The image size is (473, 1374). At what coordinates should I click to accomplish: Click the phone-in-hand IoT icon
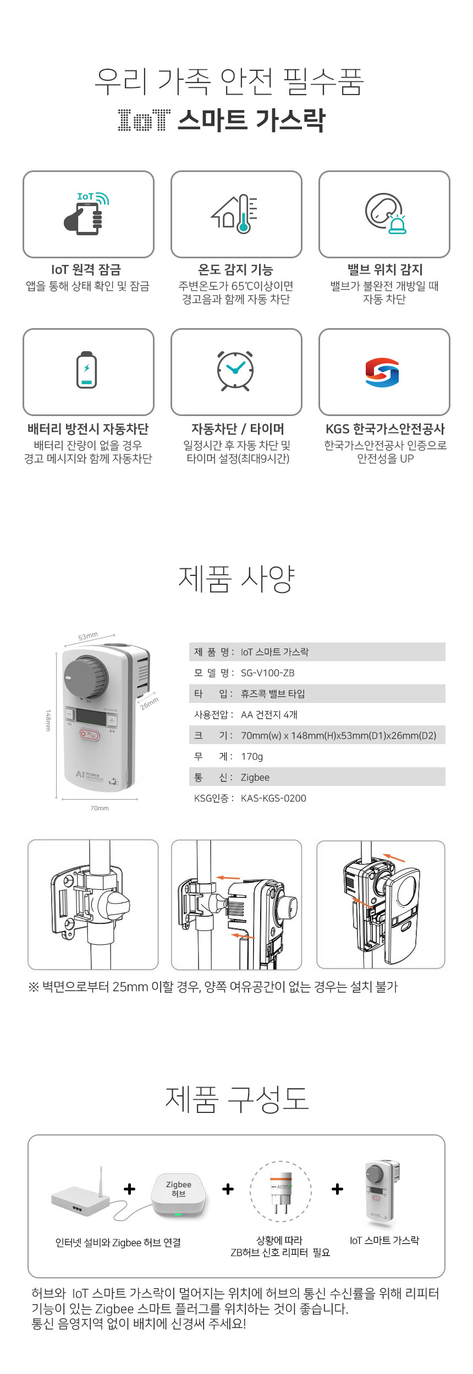pyautogui.click(x=86, y=213)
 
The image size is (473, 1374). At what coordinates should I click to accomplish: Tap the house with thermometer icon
pyautogui.click(x=235, y=214)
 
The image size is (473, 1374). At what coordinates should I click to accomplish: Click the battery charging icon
pyautogui.click(x=86, y=370)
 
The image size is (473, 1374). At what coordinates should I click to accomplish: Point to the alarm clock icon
pyautogui.click(x=235, y=370)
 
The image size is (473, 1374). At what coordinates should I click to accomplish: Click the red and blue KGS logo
pyautogui.click(x=382, y=372)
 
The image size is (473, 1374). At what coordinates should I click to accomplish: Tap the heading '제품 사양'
pyautogui.click(x=237, y=579)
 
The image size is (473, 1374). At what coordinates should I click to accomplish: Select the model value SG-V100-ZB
pyautogui.click(x=267, y=673)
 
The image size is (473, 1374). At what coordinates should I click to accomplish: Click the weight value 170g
pyautogui.click(x=252, y=757)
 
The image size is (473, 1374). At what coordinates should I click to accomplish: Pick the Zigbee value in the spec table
pyautogui.click(x=255, y=778)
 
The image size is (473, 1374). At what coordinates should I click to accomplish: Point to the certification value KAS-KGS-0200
pyautogui.click(x=273, y=798)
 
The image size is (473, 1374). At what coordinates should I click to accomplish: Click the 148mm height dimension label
pyautogui.click(x=48, y=720)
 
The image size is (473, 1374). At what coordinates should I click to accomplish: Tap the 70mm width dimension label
pyautogui.click(x=100, y=808)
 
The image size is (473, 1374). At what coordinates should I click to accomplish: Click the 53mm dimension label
pyautogui.click(x=88, y=636)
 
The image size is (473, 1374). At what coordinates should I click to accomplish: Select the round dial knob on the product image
pyautogui.click(x=86, y=676)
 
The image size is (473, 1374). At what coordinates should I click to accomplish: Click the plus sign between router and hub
pyautogui.click(x=130, y=1189)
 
